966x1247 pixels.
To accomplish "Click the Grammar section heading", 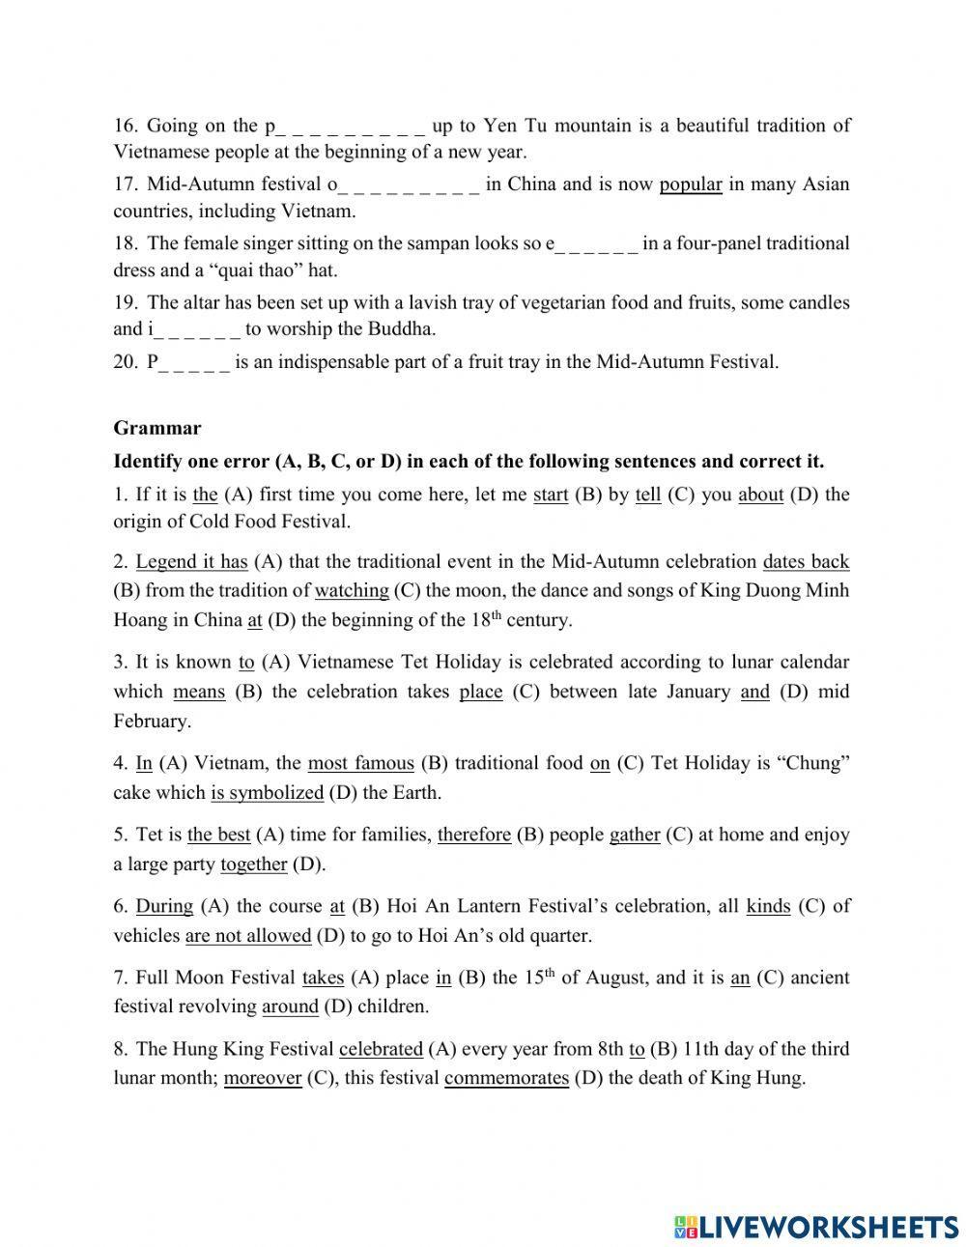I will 157,428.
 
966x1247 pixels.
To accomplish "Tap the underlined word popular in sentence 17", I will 691,184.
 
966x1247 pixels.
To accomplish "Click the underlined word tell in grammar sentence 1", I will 648,495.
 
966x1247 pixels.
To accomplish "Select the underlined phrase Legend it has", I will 191,561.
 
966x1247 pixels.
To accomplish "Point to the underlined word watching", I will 352,590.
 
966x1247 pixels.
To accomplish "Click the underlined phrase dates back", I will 806,561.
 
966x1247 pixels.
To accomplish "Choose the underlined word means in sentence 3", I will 199,692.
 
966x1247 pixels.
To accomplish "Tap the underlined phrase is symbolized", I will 267,792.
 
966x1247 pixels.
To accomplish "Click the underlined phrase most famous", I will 360,763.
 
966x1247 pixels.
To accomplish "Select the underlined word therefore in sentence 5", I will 473,835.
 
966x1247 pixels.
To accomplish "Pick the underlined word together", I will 253,864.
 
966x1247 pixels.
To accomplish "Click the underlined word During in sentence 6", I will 164,906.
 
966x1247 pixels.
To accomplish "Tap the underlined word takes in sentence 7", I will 323,978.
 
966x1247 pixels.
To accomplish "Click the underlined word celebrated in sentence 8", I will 381,1049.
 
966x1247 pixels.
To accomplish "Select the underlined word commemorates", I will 506,1078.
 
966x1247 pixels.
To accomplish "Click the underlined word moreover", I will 263,1078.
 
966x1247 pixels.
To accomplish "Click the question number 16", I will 126,126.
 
